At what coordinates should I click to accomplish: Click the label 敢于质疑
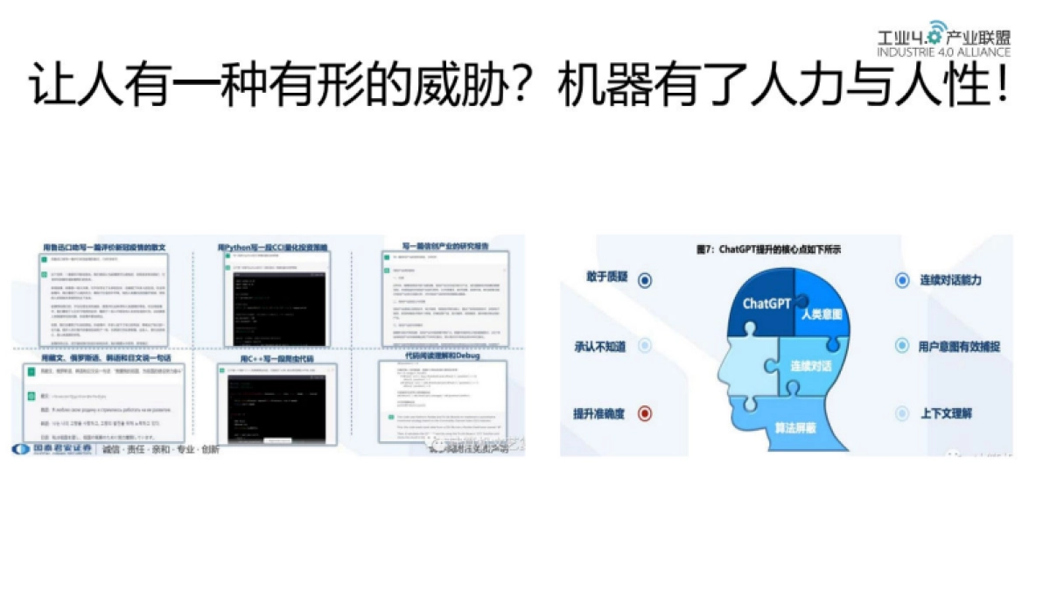coord(605,278)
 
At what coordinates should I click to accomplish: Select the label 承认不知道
coord(599,347)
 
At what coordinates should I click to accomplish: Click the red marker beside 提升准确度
coord(645,413)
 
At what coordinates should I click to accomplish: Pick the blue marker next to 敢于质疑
coord(645,280)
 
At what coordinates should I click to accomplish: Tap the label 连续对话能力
coord(950,280)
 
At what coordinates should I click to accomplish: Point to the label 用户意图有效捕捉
coord(959,347)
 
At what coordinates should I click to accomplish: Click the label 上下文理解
coord(945,413)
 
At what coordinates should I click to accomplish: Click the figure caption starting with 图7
coord(767,249)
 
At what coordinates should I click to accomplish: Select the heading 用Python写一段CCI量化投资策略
coord(273,248)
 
